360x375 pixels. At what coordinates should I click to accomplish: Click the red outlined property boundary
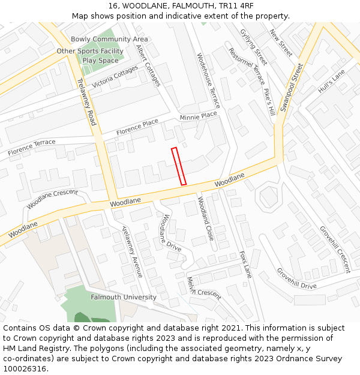tap(179, 166)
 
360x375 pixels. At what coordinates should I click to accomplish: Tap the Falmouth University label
tap(124, 297)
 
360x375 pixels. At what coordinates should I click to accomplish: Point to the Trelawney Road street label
tap(87, 101)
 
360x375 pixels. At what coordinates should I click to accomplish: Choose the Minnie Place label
tap(198, 116)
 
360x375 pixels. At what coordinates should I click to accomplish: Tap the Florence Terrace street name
tap(32, 148)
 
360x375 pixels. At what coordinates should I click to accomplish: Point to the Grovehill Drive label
tap(296, 278)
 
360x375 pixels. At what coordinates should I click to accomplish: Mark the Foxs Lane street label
tap(246, 265)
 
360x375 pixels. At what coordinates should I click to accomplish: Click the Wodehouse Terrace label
tap(209, 80)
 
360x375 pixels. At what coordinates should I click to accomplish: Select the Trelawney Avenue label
tap(132, 251)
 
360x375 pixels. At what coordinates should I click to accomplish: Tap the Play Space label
tap(100, 61)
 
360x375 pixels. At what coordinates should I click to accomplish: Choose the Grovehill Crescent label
tap(334, 248)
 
